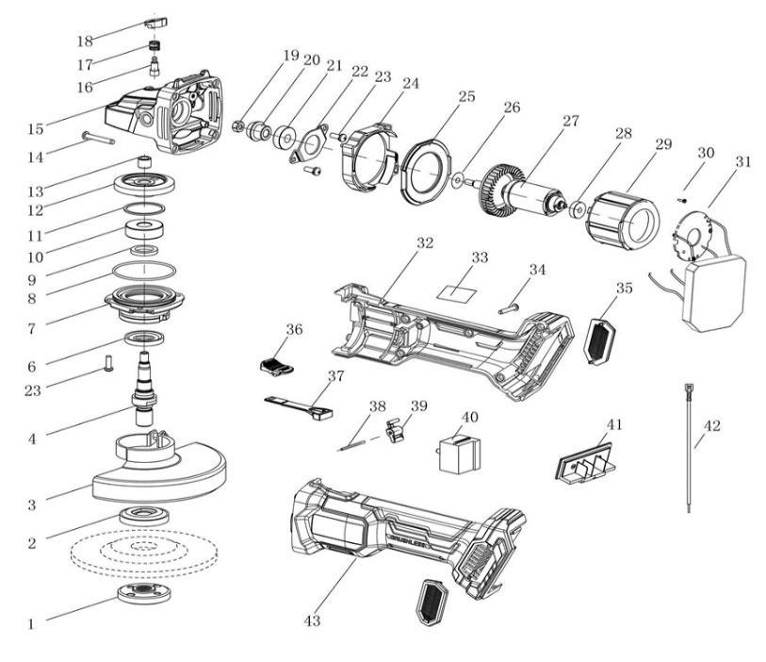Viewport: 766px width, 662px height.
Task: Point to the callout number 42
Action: coord(712,425)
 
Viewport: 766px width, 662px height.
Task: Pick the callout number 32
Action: coord(425,243)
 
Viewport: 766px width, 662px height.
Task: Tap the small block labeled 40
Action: coord(459,455)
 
